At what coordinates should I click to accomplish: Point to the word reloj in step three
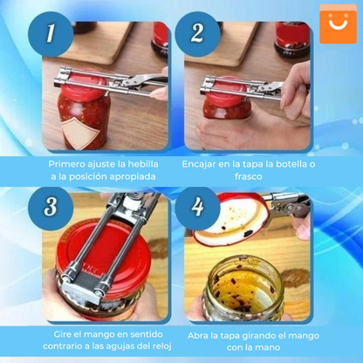tap(151, 349)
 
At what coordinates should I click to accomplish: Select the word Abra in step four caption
tap(201, 336)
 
